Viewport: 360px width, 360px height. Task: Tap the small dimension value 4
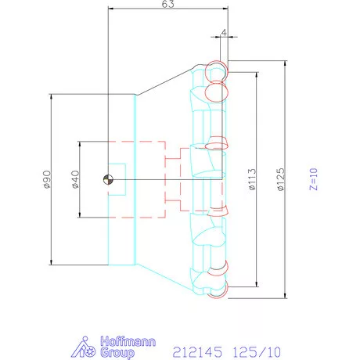tap(225, 33)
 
